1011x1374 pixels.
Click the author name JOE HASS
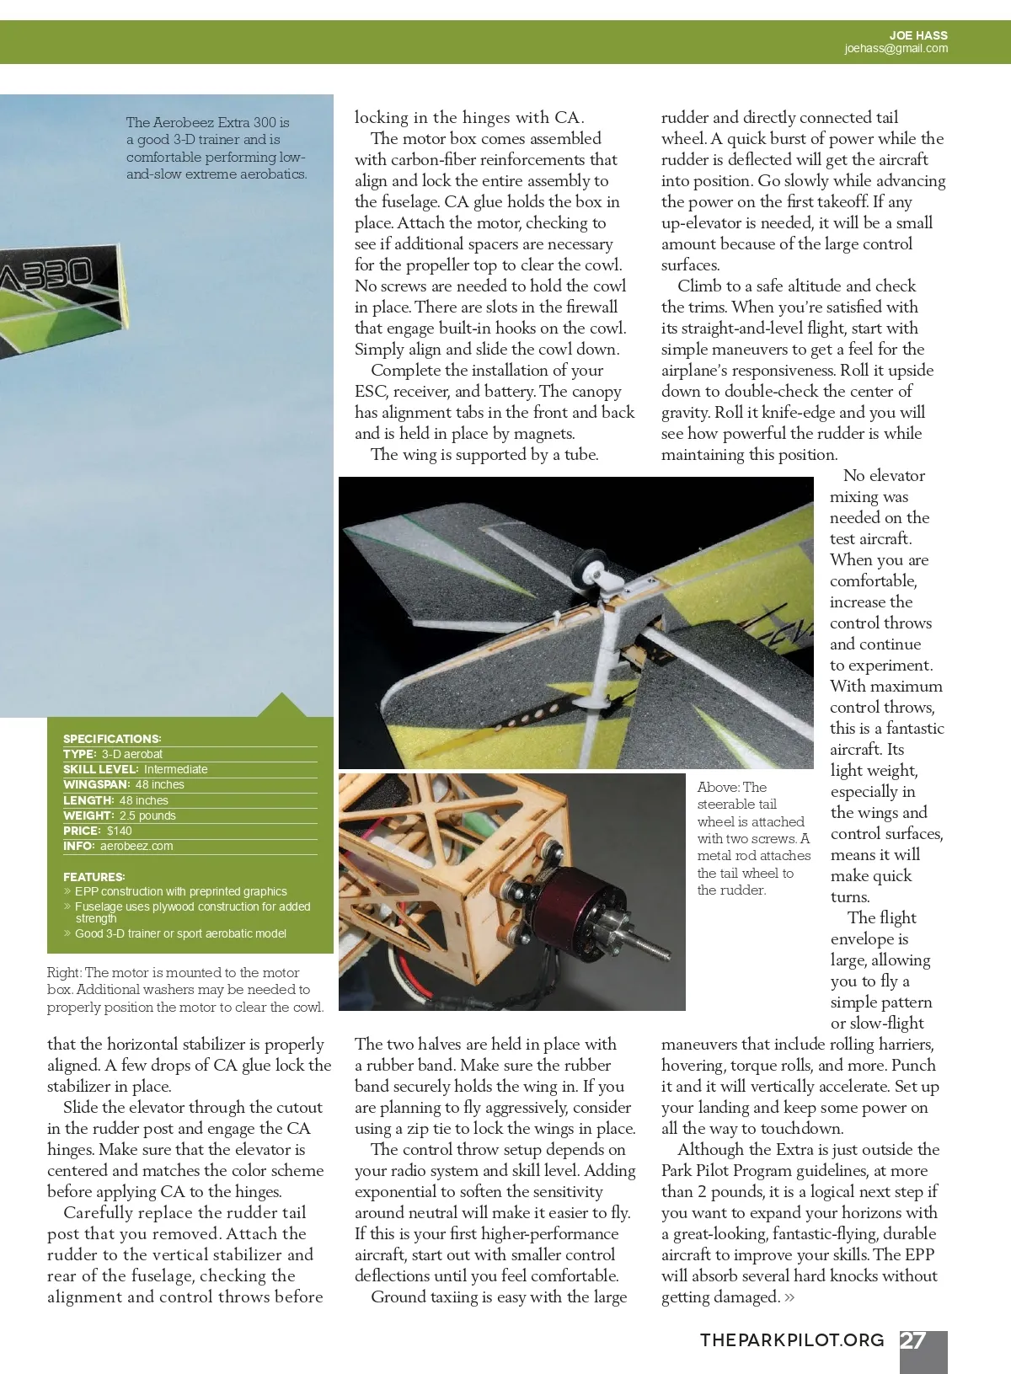click(x=918, y=35)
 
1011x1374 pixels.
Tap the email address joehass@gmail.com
click(x=896, y=49)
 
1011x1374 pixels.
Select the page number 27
click(x=914, y=1340)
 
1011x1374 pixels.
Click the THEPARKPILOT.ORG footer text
click(x=792, y=1340)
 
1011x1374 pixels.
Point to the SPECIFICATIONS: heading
click(x=112, y=739)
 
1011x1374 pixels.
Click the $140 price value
click(x=120, y=831)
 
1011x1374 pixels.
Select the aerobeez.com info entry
click(x=136, y=846)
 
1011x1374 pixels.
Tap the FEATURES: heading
click(x=94, y=877)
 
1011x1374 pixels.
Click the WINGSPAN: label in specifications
click(x=96, y=784)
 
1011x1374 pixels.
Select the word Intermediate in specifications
click(x=175, y=769)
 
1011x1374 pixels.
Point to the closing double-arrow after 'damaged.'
click(x=789, y=1298)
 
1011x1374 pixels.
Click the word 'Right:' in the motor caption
click(x=64, y=973)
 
